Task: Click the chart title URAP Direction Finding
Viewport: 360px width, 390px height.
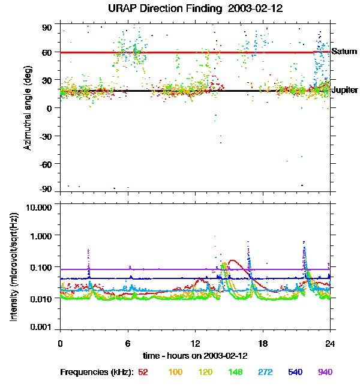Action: [x=180, y=8]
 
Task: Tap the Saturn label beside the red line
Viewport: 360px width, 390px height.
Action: [x=344, y=52]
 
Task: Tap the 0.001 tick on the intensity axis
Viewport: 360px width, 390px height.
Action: [x=41, y=328]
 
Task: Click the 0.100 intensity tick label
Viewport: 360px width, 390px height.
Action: [x=41, y=266]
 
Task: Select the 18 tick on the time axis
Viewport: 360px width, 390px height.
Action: [x=263, y=343]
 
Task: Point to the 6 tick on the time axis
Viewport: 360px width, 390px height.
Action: [x=128, y=343]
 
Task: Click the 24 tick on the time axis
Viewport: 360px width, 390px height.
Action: [x=330, y=343]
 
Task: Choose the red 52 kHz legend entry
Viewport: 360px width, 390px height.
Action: [x=143, y=373]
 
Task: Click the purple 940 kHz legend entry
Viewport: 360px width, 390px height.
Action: [x=324, y=373]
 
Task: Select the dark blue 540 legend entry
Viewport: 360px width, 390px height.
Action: [x=295, y=373]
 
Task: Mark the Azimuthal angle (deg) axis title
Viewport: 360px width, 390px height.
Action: [x=29, y=108]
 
